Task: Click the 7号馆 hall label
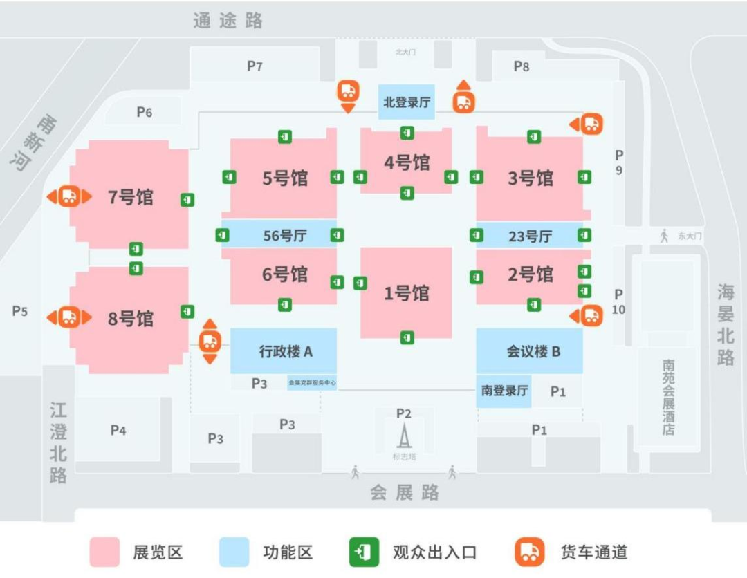131,197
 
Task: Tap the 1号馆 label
407,293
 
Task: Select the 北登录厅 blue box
407,102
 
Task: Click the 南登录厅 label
504,391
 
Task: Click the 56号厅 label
284,236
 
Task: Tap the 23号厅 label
530,236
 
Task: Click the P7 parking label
255,66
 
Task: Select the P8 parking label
522,66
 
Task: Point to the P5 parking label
19,311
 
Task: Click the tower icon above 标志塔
403,436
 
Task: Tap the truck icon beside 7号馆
68,196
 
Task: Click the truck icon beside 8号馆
68,317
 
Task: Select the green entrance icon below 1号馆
407,337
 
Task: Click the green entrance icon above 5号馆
285,137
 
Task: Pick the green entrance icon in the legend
365,552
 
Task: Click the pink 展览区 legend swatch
104,552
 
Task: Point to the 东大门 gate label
690,236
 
